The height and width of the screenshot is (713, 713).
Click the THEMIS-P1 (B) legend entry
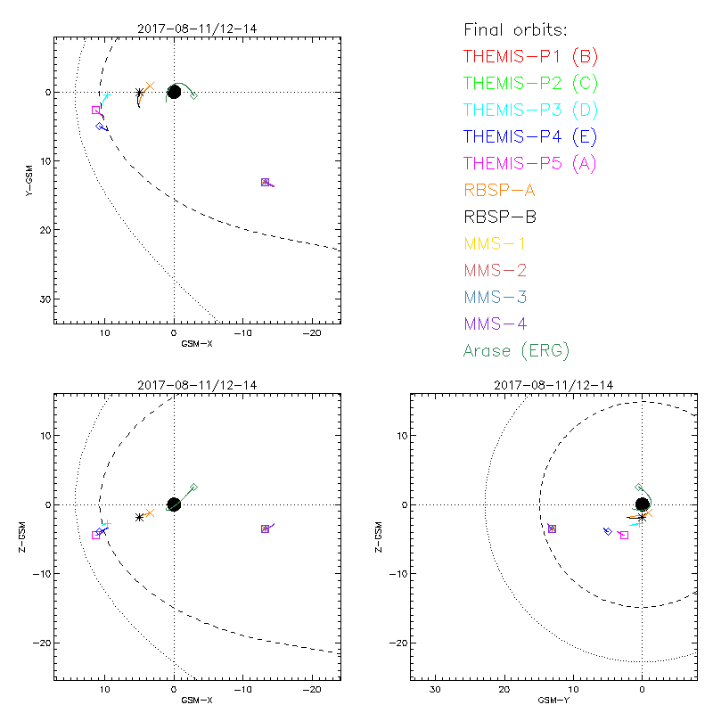530,57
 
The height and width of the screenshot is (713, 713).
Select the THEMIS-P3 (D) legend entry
530,111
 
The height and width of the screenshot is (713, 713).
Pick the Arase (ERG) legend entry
516,350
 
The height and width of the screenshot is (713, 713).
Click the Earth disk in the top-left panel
174,92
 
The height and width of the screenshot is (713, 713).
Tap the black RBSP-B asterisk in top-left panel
139,93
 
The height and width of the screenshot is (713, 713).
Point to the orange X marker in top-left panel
150,86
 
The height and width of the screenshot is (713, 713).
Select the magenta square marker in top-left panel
95,110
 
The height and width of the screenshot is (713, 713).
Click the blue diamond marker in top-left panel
100,127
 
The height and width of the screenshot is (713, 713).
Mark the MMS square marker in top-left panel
265,182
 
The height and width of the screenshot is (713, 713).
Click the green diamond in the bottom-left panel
193,487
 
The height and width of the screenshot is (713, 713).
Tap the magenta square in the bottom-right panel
624,536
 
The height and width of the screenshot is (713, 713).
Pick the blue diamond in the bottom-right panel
608,530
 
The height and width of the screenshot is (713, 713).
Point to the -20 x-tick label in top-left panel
312,333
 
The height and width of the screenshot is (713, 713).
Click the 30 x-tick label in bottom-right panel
435,690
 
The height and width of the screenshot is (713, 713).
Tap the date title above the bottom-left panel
197,384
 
